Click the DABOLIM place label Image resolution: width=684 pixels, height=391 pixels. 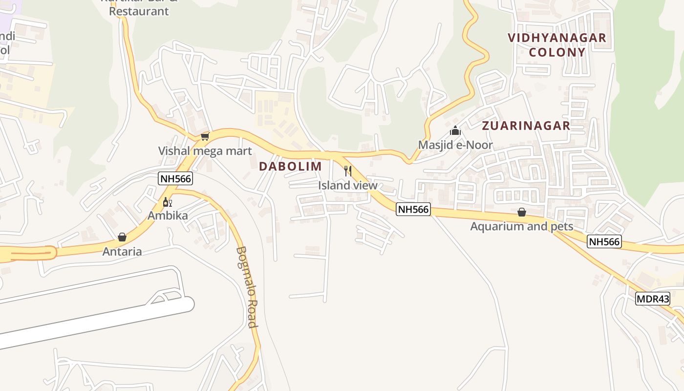290,166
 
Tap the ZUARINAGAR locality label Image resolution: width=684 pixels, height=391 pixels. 526,126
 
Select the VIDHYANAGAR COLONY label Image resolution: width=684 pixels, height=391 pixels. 557,44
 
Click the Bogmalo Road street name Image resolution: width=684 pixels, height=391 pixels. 247,287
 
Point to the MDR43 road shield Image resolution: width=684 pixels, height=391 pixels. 652,299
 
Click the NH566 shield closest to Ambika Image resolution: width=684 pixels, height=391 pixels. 175,178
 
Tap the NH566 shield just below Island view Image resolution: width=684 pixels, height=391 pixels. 413,210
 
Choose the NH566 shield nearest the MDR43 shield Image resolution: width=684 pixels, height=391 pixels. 604,241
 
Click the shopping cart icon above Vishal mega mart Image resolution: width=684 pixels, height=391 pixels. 205,136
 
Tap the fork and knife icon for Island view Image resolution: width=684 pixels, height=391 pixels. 348,171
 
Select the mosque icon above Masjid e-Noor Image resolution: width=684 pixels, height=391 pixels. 455,130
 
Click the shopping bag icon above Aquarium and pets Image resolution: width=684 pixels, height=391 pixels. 522,212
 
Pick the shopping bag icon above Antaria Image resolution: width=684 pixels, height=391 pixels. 122,237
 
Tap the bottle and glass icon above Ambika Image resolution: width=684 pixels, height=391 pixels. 168,202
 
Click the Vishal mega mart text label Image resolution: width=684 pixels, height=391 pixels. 205,151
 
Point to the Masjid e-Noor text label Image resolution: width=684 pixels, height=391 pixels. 455,145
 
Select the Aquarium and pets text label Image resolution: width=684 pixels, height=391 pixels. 521,226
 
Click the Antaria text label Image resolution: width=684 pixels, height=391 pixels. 122,251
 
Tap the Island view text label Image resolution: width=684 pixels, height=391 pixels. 348,185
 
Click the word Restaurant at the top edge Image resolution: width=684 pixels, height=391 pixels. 139,11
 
